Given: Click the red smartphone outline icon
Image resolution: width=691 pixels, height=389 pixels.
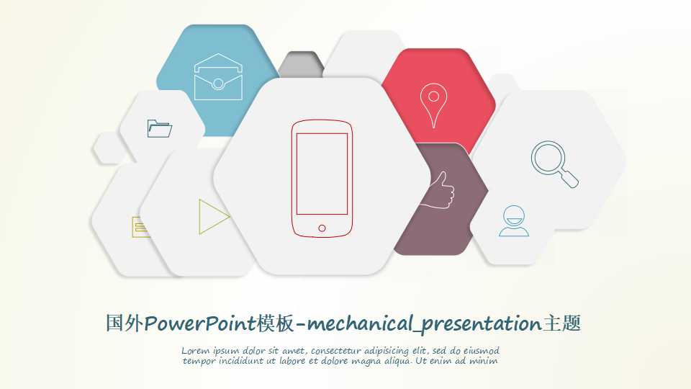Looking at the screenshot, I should [322, 179].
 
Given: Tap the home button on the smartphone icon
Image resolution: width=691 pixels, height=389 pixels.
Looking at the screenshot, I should [322, 228].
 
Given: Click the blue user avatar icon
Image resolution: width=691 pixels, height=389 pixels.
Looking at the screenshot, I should [514, 221].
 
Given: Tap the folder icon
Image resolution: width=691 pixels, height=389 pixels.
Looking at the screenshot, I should [159, 128].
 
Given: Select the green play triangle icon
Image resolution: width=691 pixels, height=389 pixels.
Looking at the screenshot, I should [213, 216].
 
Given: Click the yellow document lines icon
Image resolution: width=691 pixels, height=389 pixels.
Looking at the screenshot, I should [140, 227].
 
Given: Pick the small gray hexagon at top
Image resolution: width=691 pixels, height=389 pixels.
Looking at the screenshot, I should [300, 63].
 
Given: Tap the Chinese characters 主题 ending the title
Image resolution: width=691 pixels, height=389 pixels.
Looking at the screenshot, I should [561, 324].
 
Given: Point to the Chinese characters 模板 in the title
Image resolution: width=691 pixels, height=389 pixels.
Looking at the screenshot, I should [276, 324].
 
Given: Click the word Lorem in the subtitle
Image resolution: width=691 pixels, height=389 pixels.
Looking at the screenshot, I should [195, 351].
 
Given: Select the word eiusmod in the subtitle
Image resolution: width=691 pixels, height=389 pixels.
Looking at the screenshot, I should [478, 351].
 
